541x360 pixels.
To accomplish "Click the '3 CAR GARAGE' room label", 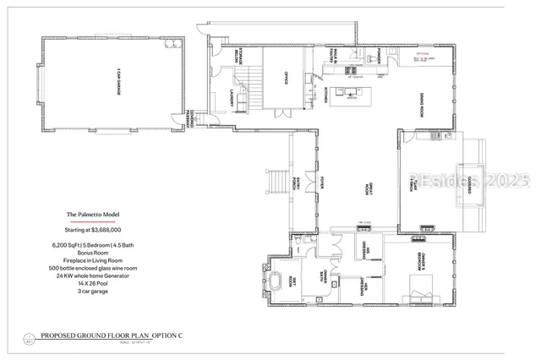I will pos(110,82).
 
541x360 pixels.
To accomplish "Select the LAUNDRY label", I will pos(232,99).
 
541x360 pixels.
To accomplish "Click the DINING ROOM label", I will pos(420,108).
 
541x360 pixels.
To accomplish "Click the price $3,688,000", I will pos(93,229).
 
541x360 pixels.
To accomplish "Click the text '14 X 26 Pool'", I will pos(93,283).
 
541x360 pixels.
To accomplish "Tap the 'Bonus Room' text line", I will pos(93,253).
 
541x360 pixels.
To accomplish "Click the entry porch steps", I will pos(276,181).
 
